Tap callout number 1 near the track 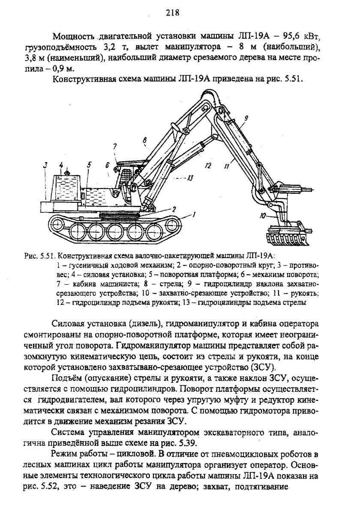194,214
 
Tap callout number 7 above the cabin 115,147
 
